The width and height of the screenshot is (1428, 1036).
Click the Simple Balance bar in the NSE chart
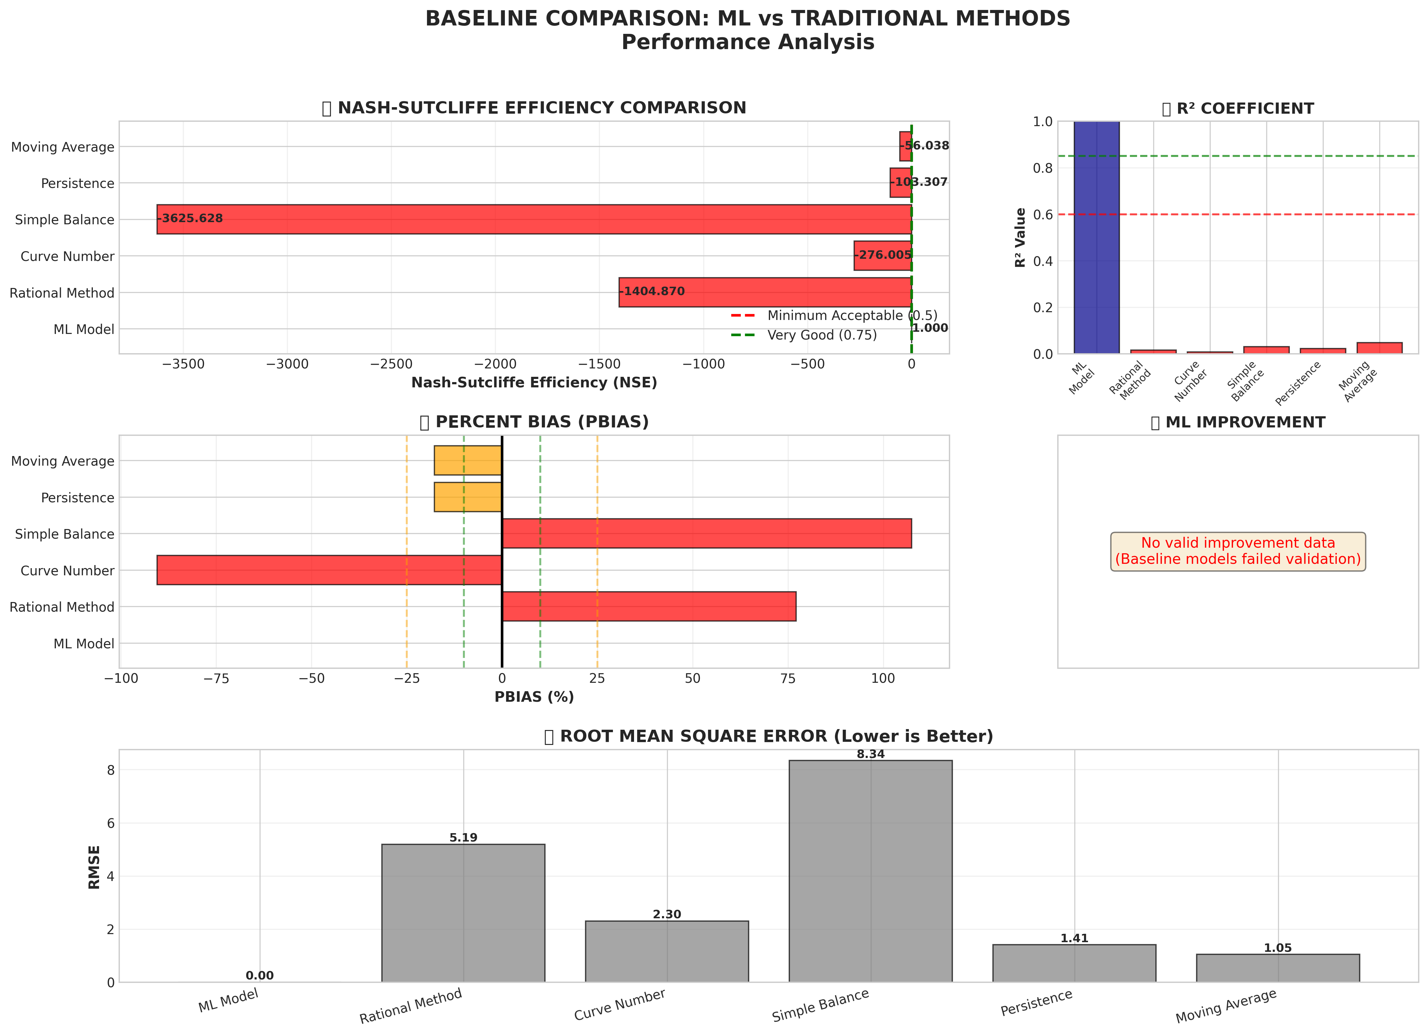coord(534,219)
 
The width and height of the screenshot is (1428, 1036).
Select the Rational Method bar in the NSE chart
coord(765,292)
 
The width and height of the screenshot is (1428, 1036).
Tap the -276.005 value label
coord(883,255)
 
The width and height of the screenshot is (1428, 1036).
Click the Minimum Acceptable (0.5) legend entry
coord(851,316)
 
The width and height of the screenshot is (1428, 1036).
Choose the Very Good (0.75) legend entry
coord(822,335)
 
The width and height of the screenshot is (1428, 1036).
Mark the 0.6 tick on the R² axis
coord(1043,215)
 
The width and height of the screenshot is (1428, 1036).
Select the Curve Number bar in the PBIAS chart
coord(329,570)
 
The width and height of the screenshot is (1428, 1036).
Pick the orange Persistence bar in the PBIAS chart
coord(468,497)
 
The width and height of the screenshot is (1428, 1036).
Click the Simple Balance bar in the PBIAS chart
coord(706,533)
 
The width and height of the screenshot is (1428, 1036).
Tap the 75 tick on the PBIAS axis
coord(788,678)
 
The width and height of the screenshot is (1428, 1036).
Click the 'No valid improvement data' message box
coord(1238,551)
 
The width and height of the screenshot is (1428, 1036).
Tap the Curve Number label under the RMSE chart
coord(619,1005)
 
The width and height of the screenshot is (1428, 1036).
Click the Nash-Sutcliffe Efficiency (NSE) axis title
coord(534,383)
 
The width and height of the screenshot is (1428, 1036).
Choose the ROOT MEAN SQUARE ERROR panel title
coord(776,736)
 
